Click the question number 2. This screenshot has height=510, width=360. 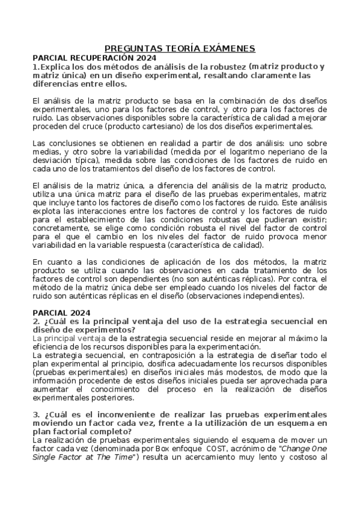(x=36, y=321)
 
